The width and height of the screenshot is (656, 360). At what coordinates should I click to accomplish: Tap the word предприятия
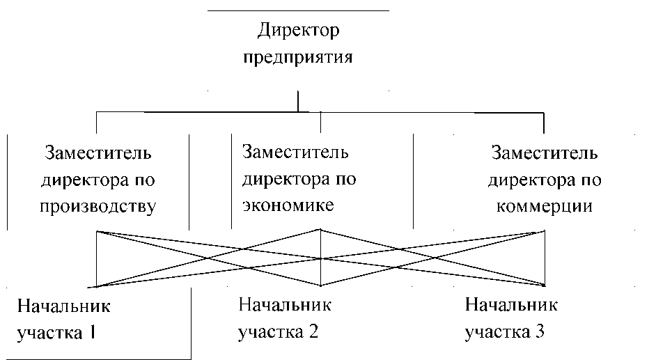point(298,57)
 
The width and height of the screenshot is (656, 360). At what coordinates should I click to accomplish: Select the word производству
point(98,207)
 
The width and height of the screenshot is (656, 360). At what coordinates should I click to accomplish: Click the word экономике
point(288,205)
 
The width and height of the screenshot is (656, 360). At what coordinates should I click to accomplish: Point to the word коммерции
point(545,207)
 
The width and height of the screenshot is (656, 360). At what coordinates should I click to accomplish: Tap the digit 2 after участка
point(313,331)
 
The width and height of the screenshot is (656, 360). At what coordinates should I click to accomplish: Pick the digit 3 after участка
point(539,331)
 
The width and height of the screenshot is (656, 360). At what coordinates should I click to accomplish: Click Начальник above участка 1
point(63,306)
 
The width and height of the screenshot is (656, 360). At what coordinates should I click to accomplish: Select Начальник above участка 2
point(285,305)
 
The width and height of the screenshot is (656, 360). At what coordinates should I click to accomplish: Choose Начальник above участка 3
point(511,305)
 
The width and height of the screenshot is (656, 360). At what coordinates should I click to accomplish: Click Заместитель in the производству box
point(98,152)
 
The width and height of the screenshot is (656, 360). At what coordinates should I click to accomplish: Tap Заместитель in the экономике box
point(295,152)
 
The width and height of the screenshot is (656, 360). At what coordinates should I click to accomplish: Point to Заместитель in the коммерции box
point(545,152)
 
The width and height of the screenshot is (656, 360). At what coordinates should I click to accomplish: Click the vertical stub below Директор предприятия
point(298,101)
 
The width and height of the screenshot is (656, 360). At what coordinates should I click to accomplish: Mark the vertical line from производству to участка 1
point(97,259)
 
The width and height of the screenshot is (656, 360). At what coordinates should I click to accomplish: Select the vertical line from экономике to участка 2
point(320,258)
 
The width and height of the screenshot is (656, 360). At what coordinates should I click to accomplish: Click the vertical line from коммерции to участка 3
point(545,258)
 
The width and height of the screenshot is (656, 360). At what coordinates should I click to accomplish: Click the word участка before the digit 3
point(497,332)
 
